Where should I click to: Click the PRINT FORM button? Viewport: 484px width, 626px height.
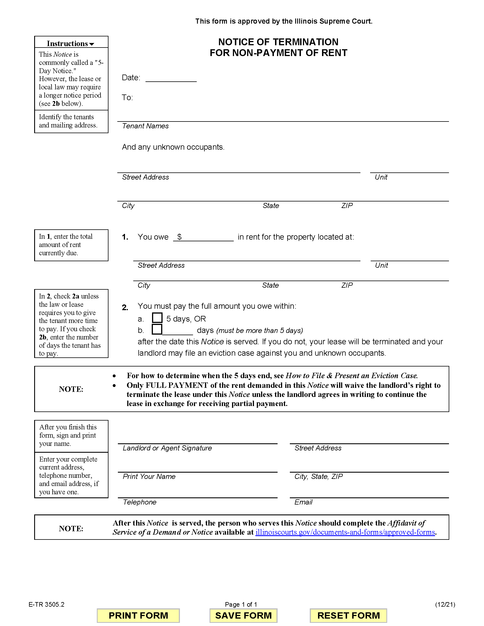[x=138, y=615]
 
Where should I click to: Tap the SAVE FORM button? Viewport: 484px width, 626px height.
[x=243, y=615]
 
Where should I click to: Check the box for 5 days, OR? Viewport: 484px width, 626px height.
[x=157, y=318]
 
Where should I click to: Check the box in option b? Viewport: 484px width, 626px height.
[x=157, y=329]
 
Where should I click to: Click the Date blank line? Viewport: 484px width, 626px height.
[x=171, y=78]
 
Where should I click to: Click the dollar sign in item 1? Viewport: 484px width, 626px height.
[x=179, y=237]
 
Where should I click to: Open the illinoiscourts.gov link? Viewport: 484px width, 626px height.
[x=345, y=532]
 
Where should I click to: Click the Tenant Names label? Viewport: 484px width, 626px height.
[x=145, y=126]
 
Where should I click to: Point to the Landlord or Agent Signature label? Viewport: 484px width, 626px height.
[x=167, y=448]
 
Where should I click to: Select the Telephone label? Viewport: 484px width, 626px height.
[x=140, y=502]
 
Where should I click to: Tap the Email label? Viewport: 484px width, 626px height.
[x=303, y=502]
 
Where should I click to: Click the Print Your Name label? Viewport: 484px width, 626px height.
[x=149, y=476]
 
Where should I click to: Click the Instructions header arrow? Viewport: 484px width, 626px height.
[x=92, y=44]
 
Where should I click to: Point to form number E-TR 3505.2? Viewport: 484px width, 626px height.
[x=46, y=604]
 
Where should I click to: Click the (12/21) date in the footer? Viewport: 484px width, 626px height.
[x=445, y=604]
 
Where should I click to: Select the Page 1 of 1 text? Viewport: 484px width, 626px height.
[x=241, y=604]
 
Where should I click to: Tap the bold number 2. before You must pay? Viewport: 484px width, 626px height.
[x=125, y=308]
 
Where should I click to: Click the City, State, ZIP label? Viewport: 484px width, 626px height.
[x=318, y=476]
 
